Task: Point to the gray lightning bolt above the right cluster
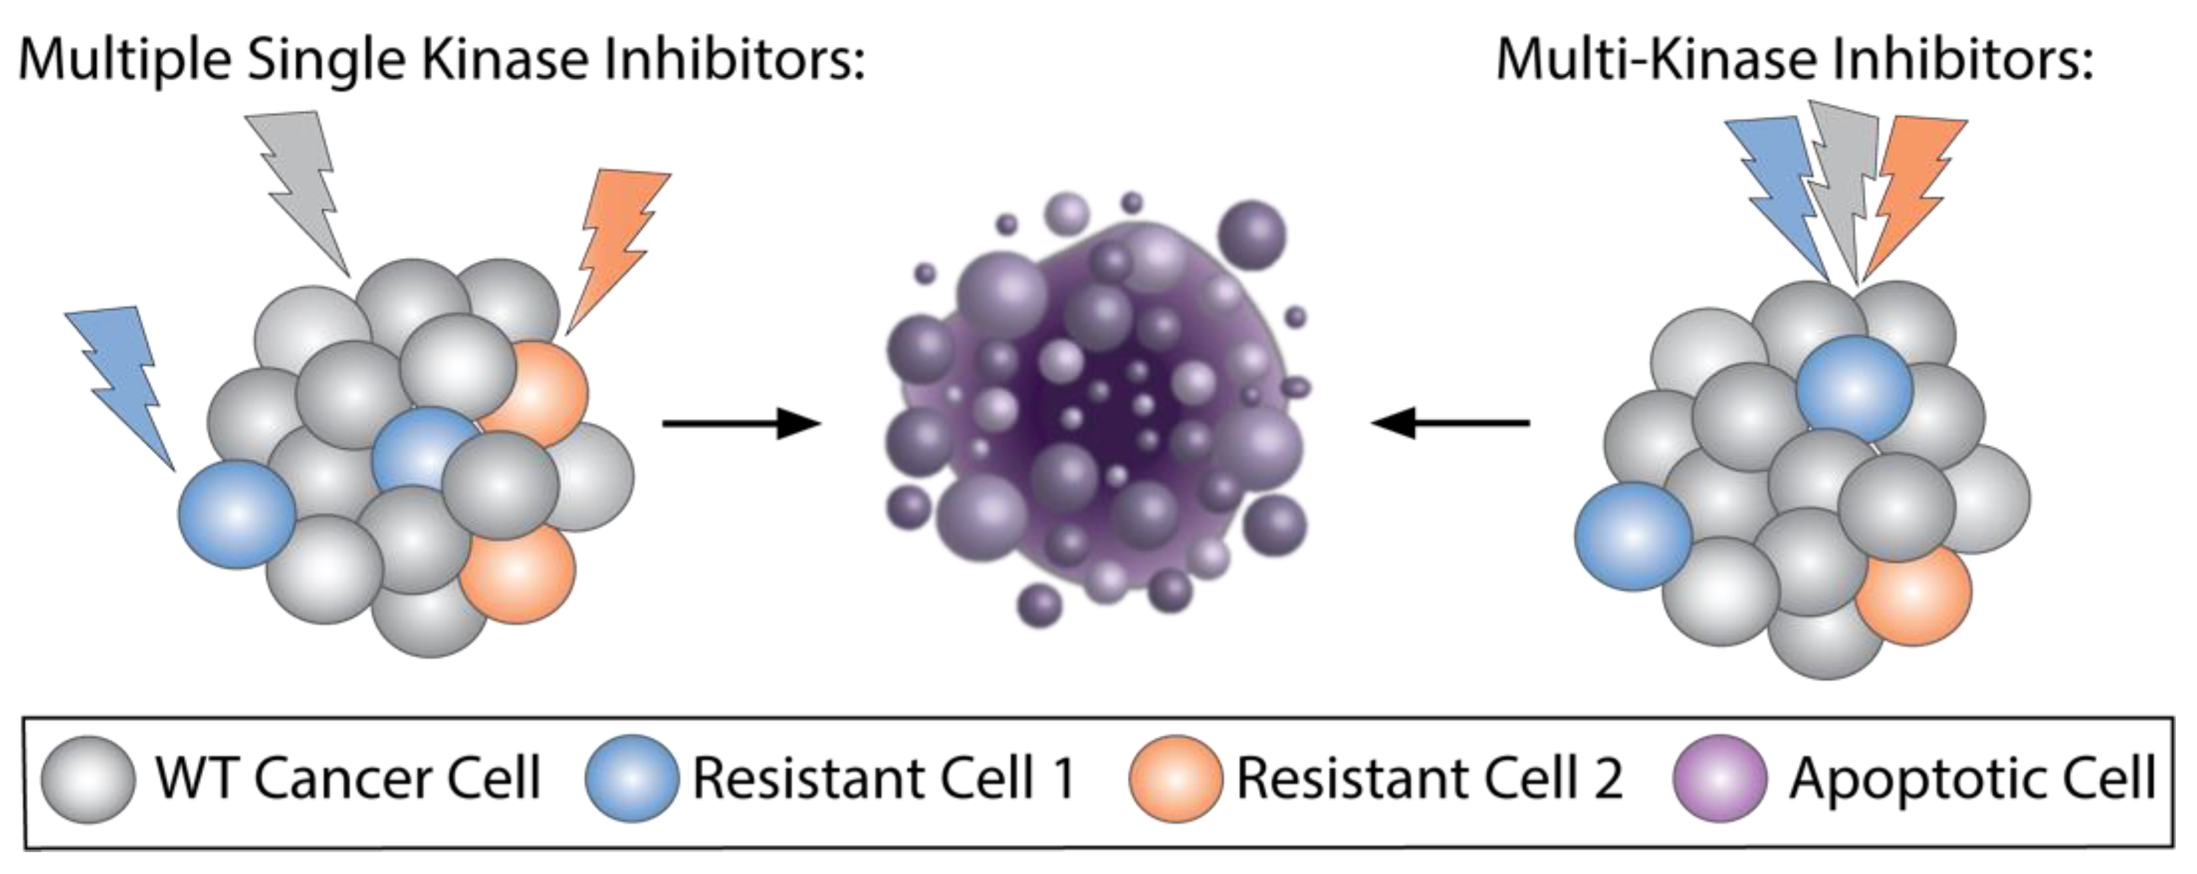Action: [x=1842, y=196]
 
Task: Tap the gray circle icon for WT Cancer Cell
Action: [x=88, y=779]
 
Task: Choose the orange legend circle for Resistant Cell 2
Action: [x=1174, y=779]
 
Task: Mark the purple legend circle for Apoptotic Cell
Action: [x=1719, y=779]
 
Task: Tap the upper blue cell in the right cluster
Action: [x=1854, y=388]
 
